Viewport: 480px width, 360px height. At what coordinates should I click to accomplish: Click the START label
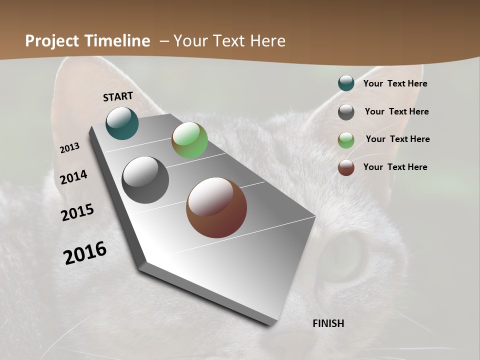(x=118, y=96)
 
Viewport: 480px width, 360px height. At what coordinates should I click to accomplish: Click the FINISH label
(x=328, y=323)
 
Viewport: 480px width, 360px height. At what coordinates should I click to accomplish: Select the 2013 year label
(x=69, y=148)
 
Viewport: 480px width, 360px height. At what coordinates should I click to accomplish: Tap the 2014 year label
(x=73, y=177)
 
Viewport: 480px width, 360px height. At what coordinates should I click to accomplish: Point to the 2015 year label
(x=77, y=212)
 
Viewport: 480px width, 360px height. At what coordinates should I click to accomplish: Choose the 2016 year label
(x=85, y=253)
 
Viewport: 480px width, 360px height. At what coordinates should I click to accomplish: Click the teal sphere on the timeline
(x=122, y=123)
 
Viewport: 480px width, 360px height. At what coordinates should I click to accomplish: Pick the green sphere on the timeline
(x=189, y=140)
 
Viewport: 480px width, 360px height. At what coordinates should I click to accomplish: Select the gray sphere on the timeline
(x=145, y=180)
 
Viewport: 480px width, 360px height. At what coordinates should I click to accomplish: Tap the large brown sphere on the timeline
(x=216, y=207)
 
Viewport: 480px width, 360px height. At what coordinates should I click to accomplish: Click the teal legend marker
(x=346, y=83)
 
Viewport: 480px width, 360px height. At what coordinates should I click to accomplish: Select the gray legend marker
(x=346, y=112)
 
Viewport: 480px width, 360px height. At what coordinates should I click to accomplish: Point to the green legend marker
(x=346, y=140)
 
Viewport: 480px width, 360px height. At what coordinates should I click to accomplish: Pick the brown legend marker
(x=346, y=167)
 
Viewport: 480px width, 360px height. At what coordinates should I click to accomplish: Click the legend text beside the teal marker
(x=395, y=84)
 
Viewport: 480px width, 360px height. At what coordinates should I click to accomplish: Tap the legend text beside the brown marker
(x=395, y=167)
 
